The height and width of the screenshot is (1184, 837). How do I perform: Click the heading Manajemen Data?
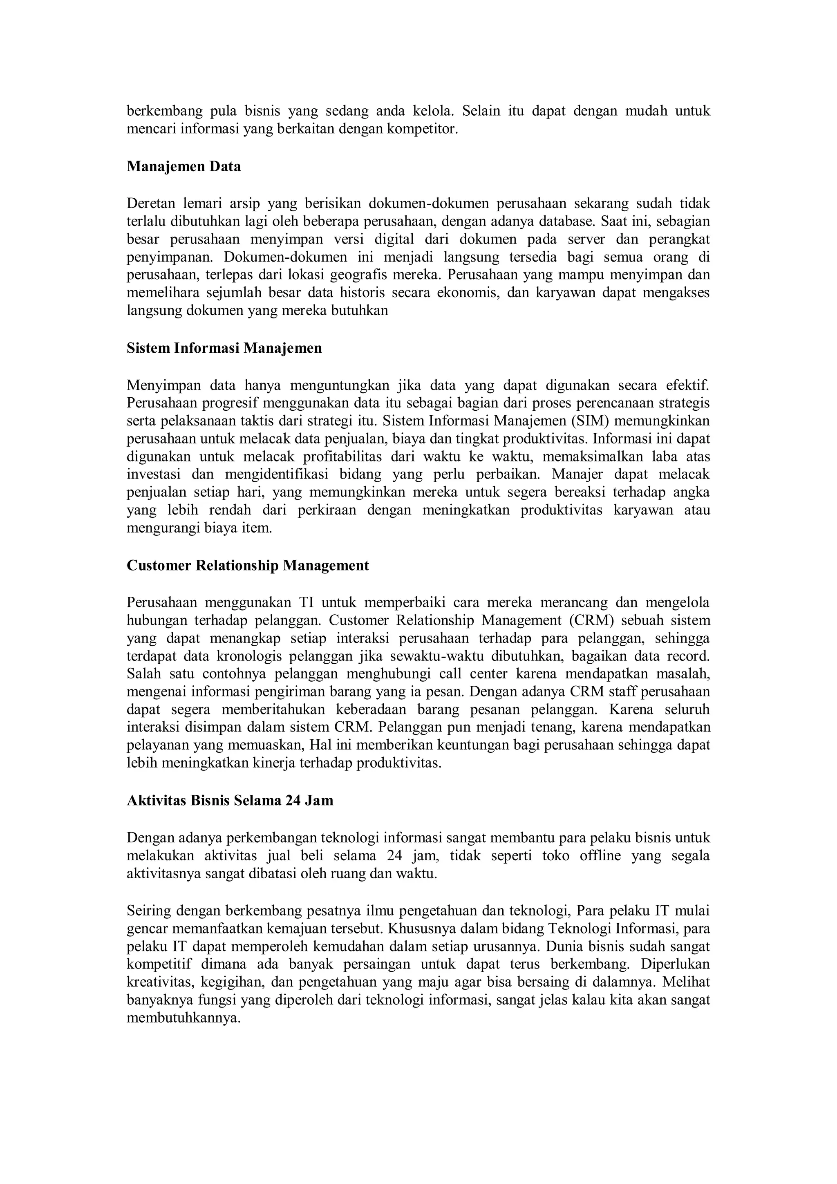tap(184, 167)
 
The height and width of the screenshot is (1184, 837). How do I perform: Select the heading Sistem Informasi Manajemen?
tap(224, 348)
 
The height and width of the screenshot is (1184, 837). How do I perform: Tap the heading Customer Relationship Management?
tap(248, 566)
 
